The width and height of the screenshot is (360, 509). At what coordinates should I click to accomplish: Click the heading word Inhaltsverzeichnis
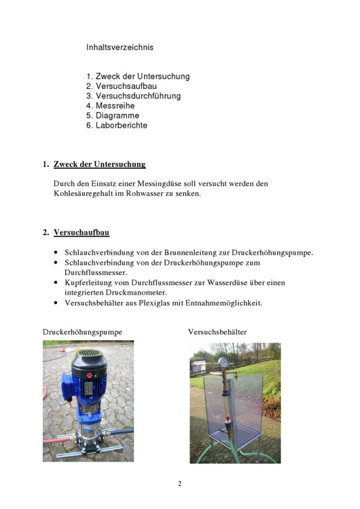119,47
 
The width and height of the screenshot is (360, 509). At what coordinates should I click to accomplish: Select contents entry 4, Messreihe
115,106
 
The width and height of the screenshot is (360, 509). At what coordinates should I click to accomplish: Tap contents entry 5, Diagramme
117,116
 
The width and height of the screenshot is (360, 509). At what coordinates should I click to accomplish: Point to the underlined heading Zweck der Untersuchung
99,165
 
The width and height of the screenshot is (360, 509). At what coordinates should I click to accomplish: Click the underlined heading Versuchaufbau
81,233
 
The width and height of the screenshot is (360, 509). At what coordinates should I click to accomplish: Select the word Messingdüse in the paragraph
154,184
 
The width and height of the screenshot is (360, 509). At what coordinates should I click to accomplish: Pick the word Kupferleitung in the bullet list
88,283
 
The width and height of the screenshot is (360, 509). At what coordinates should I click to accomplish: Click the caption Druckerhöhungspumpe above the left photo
82,331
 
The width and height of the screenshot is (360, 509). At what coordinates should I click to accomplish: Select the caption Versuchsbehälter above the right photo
218,331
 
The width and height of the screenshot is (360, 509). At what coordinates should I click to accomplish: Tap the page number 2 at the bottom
179,484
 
